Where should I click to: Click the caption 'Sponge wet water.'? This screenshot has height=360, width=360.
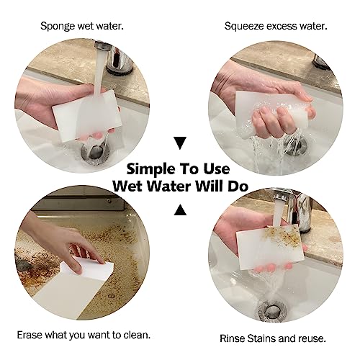81,26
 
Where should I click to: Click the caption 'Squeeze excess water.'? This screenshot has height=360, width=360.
276,26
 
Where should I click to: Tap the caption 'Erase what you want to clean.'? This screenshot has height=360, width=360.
82,335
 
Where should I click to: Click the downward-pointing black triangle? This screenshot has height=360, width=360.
181,143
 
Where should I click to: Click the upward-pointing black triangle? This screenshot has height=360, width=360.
181,210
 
